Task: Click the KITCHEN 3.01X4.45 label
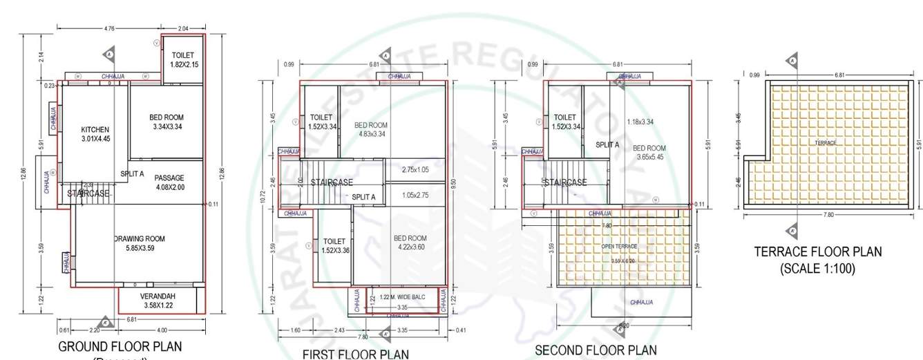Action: (x=95, y=134)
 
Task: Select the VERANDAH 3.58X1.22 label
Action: (x=158, y=300)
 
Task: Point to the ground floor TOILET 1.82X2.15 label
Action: (x=183, y=59)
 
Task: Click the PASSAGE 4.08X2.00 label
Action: (x=169, y=182)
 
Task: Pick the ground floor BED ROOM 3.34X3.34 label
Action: (x=167, y=122)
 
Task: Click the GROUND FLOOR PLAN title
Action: (x=120, y=346)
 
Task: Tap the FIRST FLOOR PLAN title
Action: (x=356, y=354)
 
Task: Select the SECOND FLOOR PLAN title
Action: (x=596, y=350)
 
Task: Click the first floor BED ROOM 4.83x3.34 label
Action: (x=370, y=129)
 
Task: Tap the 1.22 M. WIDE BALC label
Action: (x=403, y=297)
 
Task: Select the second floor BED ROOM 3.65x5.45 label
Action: (x=649, y=153)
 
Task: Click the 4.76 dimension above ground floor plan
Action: (x=108, y=28)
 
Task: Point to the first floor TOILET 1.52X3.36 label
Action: (x=335, y=245)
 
